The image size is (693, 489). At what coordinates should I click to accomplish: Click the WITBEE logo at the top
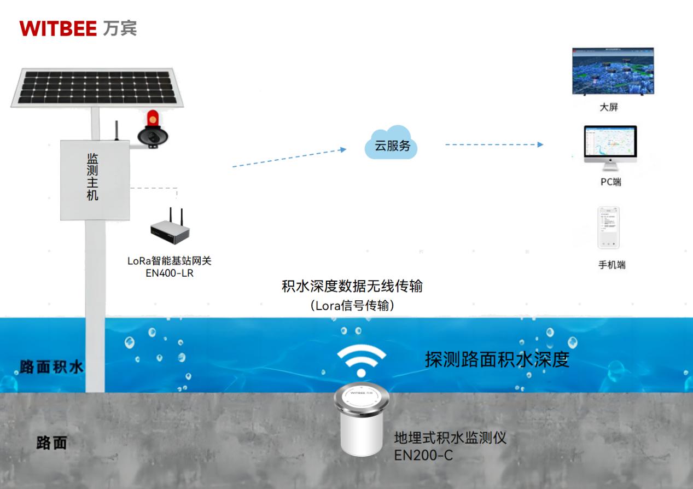[x=78, y=28]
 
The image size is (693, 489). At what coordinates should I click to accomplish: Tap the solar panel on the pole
[x=97, y=87]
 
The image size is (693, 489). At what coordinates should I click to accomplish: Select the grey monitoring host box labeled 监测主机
[x=95, y=180]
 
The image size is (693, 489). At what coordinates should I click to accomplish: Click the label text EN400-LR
[x=170, y=273]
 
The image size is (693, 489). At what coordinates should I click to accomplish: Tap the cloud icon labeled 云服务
[x=392, y=145]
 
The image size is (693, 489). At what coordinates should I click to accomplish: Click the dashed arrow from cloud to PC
[x=494, y=144]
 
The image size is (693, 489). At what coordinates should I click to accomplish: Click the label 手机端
[x=612, y=265]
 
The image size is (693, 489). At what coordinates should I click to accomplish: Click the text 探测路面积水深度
[x=497, y=359]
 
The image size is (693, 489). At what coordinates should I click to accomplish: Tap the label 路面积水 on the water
[x=51, y=366]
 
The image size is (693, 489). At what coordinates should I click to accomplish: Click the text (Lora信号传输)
[x=352, y=306]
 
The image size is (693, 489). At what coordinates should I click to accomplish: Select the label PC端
[x=611, y=182]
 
